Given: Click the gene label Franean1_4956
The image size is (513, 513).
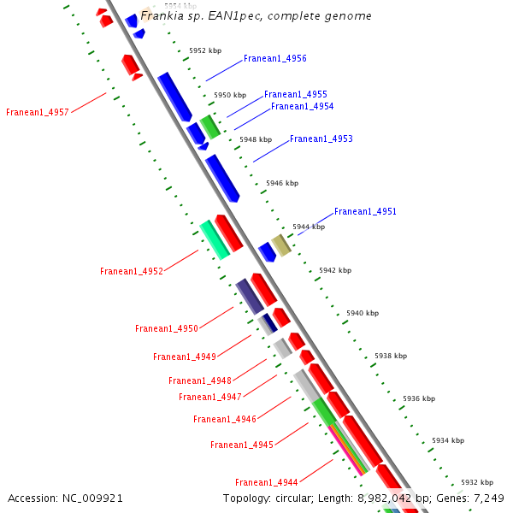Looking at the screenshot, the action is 274,59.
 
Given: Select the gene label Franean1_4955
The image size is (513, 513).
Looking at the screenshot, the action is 295,95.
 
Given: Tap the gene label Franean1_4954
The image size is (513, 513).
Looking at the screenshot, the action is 302,107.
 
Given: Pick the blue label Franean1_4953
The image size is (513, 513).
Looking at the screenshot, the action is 321,139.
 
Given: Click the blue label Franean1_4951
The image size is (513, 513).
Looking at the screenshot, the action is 365,212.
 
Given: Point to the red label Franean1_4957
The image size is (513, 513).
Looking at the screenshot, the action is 37,113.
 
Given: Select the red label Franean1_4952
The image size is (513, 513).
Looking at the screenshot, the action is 131,272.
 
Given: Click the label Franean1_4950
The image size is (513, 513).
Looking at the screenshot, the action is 166,329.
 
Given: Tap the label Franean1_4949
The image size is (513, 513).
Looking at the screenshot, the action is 184,357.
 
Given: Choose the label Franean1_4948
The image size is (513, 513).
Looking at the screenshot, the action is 199,381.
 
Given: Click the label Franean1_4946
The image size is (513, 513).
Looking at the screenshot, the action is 224,420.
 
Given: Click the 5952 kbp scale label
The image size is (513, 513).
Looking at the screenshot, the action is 204,50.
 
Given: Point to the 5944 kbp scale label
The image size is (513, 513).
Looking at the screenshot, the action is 309,227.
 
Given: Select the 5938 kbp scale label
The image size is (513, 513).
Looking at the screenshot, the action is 391,356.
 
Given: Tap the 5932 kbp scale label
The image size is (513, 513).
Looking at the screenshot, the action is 477,482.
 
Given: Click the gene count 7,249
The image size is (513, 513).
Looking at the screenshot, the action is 487,498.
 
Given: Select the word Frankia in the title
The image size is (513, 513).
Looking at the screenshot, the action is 162,16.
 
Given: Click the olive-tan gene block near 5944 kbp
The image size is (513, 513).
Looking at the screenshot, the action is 281,245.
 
